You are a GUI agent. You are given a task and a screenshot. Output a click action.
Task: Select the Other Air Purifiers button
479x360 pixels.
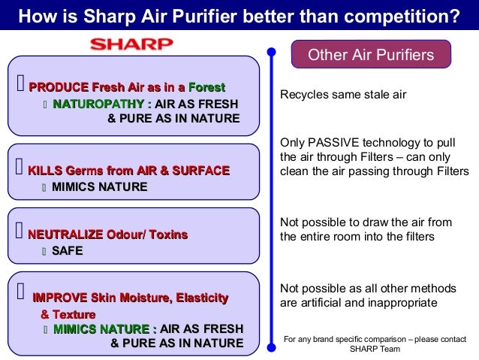tap(372, 55)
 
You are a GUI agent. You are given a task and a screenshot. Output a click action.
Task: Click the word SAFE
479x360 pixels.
tap(67, 251)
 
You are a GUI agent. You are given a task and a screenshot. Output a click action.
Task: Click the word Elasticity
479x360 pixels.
tap(202, 298)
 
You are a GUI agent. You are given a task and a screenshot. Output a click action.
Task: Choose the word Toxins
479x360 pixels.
tap(168, 234)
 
